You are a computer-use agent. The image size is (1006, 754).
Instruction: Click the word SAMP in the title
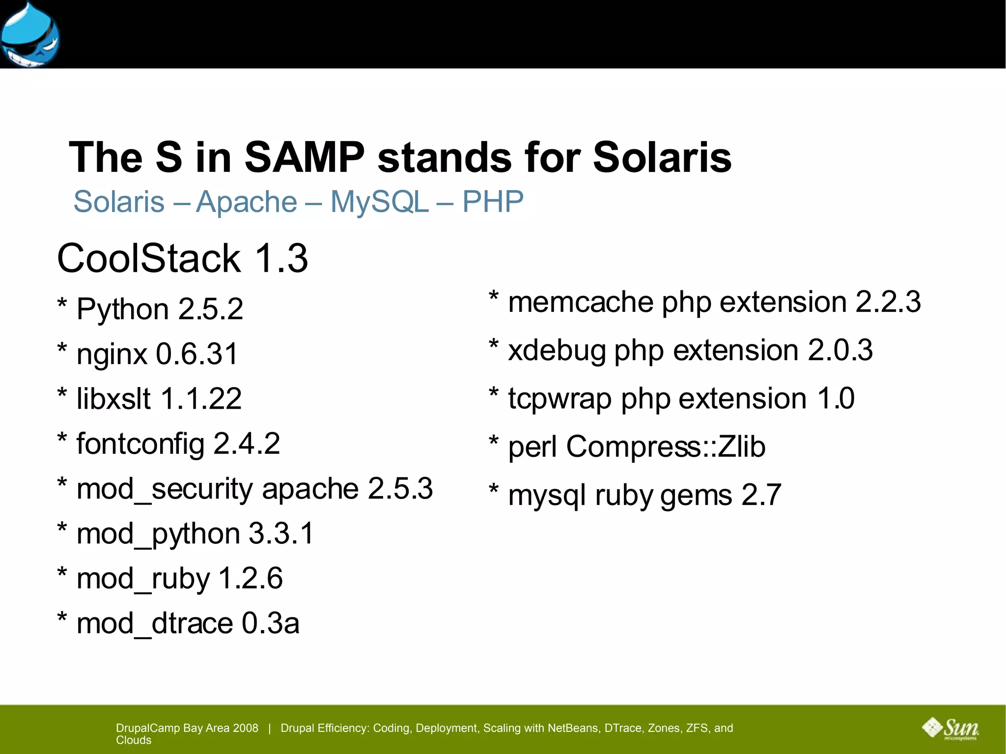[305, 157]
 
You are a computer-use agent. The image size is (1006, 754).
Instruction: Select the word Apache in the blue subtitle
[247, 202]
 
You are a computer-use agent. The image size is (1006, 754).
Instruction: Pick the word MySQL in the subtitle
[379, 202]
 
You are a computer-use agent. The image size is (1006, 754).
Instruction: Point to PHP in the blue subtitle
[493, 202]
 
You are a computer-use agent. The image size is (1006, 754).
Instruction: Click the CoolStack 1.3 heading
[182, 258]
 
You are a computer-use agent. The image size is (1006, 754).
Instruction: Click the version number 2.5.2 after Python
[211, 309]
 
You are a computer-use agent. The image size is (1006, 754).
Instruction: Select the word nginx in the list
[112, 355]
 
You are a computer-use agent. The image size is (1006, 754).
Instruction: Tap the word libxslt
[113, 398]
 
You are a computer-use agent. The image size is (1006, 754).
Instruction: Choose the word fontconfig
[140, 444]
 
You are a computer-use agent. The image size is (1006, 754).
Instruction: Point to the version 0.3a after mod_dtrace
[270, 624]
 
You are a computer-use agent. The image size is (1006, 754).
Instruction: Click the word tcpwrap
[560, 399]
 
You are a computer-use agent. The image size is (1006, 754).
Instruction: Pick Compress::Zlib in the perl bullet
[666, 447]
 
